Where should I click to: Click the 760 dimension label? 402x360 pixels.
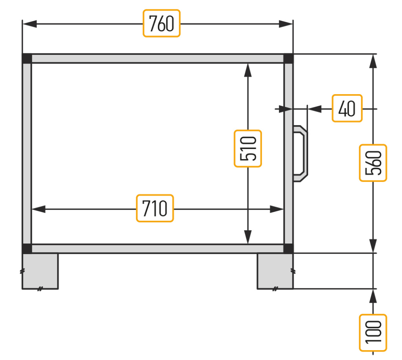click(161, 23)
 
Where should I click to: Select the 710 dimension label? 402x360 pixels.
click(155, 208)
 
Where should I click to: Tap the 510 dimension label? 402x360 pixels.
click(248, 149)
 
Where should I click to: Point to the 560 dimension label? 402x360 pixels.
click(373, 163)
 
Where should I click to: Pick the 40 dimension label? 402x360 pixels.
click(347, 108)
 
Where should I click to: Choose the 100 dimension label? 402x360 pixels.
click(373, 333)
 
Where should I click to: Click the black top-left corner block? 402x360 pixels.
click(27, 58)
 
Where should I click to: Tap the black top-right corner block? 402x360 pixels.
click(289, 58)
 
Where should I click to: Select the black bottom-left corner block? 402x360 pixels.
click(27, 249)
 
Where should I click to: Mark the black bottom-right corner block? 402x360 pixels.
click(289, 249)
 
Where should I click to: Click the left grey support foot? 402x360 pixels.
click(40, 271)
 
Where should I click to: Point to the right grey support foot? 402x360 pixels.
click(275, 271)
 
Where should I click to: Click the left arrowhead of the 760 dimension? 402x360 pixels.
click(29, 24)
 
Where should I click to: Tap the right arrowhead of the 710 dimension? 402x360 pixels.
click(277, 209)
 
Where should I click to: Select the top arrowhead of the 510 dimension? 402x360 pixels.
click(248, 70)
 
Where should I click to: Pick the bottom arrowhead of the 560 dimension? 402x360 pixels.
click(373, 246)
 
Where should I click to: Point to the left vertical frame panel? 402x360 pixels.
click(27, 154)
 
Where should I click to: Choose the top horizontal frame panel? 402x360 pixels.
click(158, 58)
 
